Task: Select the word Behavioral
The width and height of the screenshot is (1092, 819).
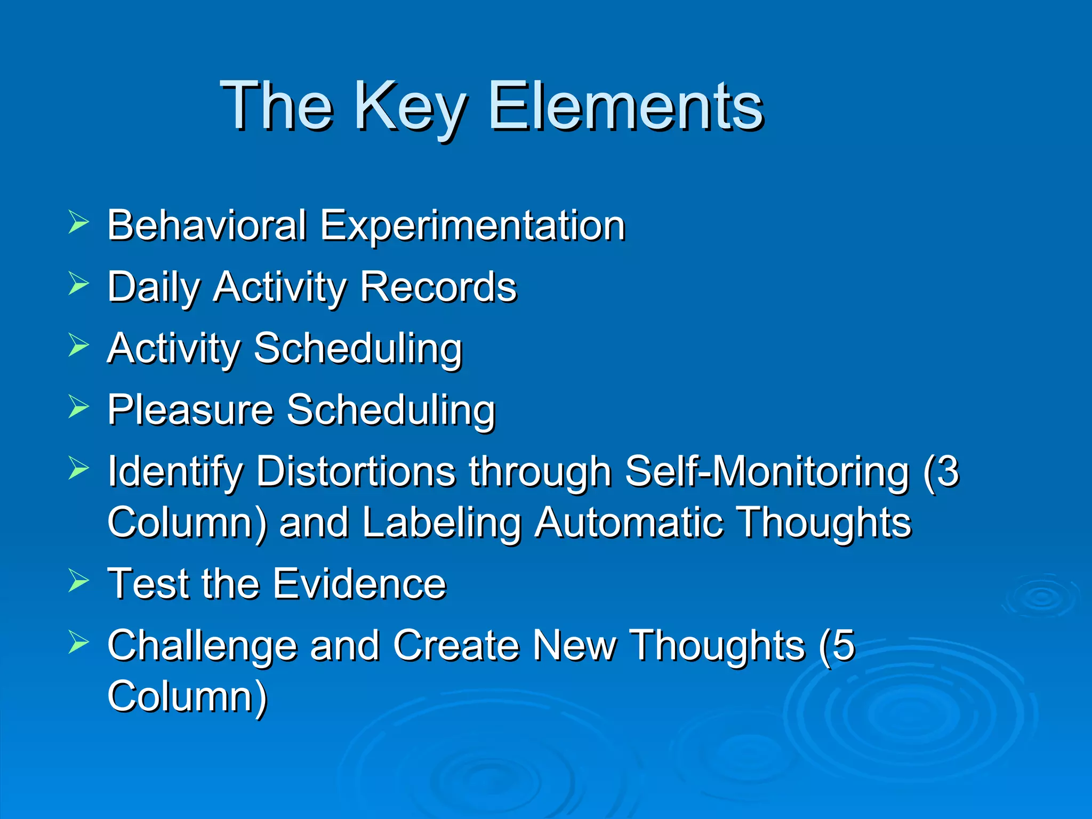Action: point(207,225)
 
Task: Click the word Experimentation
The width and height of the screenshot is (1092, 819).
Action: point(472,226)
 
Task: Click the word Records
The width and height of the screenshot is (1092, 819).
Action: point(438,287)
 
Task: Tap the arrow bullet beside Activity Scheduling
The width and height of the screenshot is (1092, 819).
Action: point(78,345)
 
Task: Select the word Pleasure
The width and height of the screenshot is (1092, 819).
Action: point(190,409)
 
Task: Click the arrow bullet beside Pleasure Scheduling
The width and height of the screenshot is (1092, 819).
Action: point(78,407)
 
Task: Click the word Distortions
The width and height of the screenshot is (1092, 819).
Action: point(356,471)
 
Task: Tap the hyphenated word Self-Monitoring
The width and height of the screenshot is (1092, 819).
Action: point(767,471)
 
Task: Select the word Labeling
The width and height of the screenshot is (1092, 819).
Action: point(441,523)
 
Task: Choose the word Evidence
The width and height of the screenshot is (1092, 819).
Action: point(359,583)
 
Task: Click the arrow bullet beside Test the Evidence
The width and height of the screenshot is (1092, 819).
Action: point(78,581)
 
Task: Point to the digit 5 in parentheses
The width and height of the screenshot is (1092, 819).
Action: point(844,645)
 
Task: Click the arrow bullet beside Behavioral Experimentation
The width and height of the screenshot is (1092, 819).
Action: point(78,223)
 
